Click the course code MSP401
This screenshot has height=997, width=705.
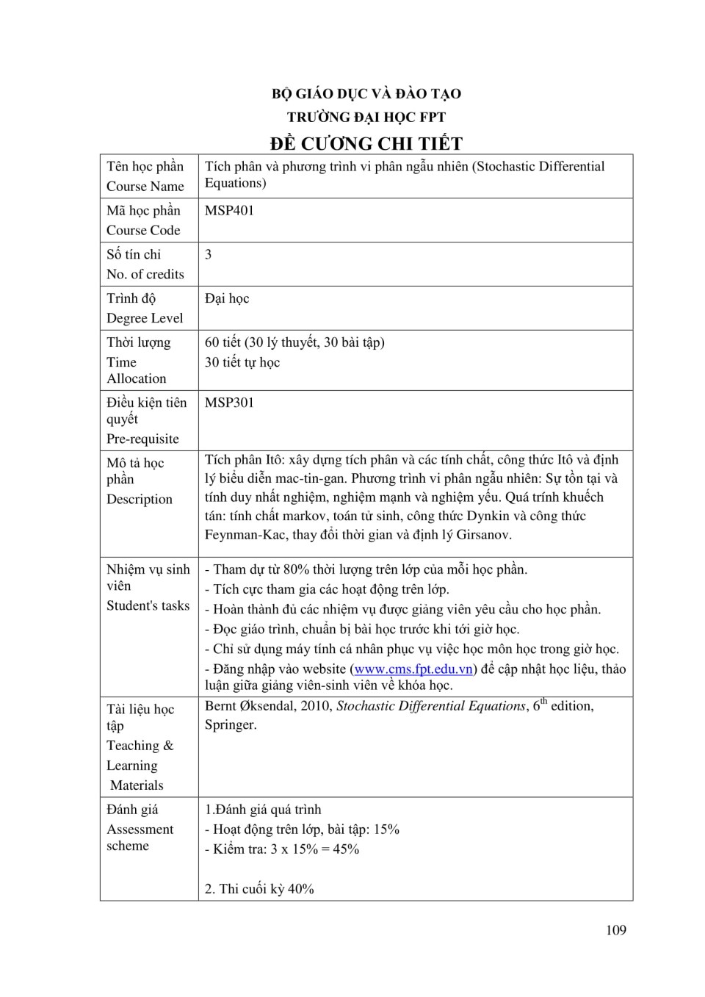[229, 210]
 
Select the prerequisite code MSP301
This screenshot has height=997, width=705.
[229, 403]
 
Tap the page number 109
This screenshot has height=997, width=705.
[616, 930]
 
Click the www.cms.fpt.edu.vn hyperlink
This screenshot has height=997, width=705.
[413, 669]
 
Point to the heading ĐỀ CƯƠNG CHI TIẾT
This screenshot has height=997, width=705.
[366, 143]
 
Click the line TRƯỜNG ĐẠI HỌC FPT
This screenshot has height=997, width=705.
[366, 117]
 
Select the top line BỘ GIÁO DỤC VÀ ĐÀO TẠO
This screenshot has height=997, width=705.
[366, 93]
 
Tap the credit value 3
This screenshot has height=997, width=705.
[209, 254]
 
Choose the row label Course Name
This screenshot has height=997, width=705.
[145, 187]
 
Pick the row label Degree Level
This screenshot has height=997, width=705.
[145, 318]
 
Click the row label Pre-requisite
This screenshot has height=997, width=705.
[142, 439]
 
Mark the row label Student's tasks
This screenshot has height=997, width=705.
[148, 605]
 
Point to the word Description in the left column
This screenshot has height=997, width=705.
[140, 499]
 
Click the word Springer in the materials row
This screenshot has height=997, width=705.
[230, 725]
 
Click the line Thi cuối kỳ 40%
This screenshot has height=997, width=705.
[259, 889]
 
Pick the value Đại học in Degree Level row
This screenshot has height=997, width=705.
[227, 298]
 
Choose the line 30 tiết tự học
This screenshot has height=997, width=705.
[242, 362]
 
